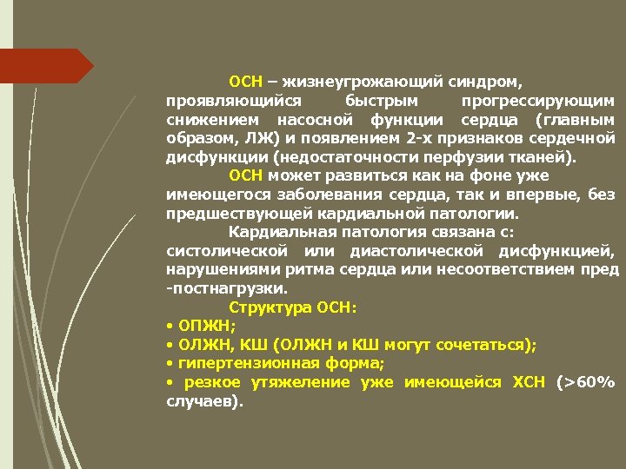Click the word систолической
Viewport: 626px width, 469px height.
pos(219,252)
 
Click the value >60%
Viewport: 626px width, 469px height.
pos(589,383)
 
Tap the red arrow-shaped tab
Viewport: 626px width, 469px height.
pos(43,66)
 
